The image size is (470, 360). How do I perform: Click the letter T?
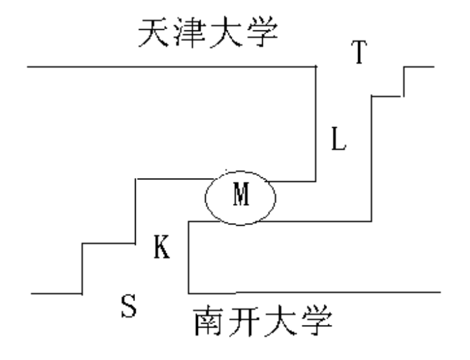point(358,52)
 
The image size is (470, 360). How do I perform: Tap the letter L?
point(338,140)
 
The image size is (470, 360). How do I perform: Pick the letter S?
point(128,305)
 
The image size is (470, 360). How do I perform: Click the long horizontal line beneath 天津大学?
point(165,67)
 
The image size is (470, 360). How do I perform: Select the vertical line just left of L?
point(316,126)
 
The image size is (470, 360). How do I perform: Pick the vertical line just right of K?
point(189,258)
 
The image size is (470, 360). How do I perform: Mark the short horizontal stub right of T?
point(418,67)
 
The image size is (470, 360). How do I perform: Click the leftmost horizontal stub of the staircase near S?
point(56,292)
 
